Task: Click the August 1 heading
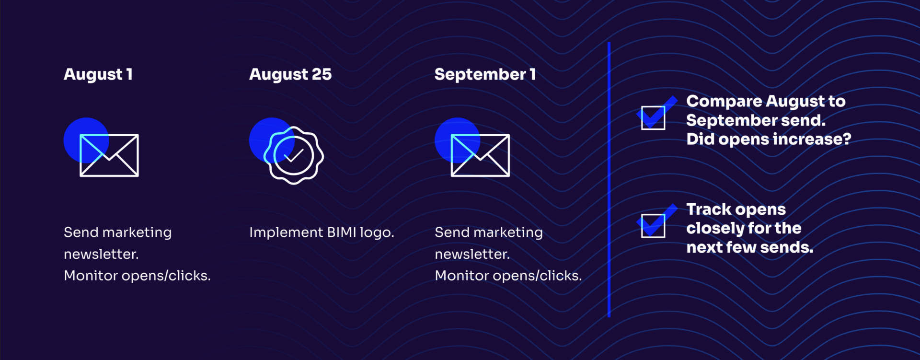[98, 74]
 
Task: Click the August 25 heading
[290, 74]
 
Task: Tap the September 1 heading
[485, 74]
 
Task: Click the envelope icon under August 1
[109, 155]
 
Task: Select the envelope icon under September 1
[480, 155]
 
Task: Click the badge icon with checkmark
[293, 155]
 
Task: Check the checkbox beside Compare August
[653, 117]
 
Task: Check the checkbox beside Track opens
[653, 225]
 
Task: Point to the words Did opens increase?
[768, 139]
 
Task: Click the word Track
[709, 209]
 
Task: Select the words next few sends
[749, 247]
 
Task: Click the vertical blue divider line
[609, 180]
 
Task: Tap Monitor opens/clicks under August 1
[137, 276]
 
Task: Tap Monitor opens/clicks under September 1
[508, 276]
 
